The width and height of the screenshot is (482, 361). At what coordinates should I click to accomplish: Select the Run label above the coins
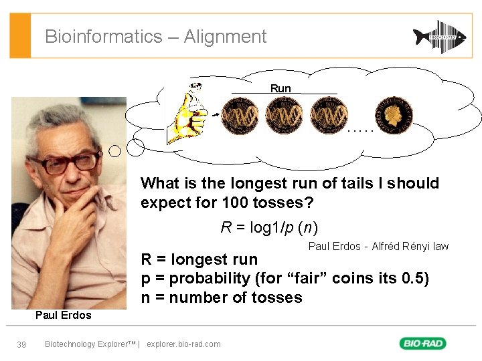pos(280,88)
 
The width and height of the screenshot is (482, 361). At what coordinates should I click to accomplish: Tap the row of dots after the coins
pos(359,130)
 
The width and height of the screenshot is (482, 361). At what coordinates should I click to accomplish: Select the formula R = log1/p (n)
pos(269,227)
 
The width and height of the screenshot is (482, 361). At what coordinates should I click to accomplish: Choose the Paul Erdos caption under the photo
pos(63,315)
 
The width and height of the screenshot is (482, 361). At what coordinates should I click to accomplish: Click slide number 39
pos(21,344)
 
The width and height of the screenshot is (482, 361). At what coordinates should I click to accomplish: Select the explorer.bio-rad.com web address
pos(183,344)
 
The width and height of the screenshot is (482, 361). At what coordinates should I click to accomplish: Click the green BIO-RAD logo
pos(423,344)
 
